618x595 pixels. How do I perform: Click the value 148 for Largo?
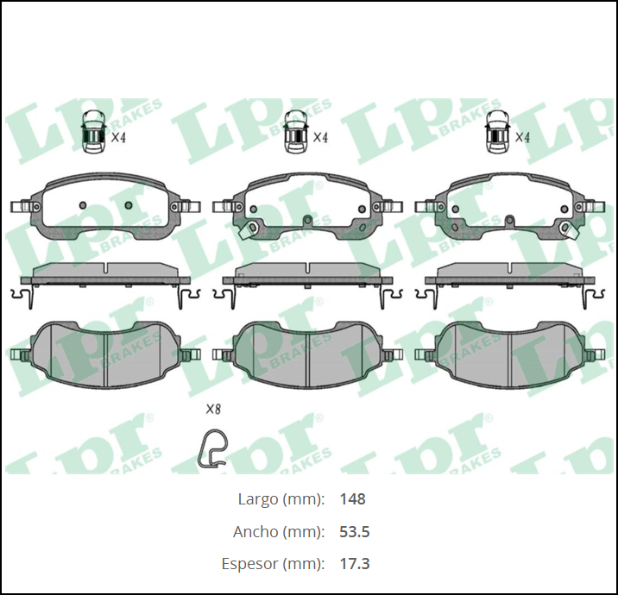pyautogui.click(x=352, y=499)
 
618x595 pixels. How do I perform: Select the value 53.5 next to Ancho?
pyautogui.click(x=355, y=531)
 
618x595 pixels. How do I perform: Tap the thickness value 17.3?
pyautogui.click(x=355, y=564)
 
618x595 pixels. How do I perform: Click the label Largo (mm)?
pyautogui.click(x=281, y=499)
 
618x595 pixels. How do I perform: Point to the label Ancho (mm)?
pyautogui.click(x=278, y=531)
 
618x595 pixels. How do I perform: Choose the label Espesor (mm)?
pyautogui.click(x=271, y=564)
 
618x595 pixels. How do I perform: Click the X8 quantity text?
pyautogui.click(x=213, y=410)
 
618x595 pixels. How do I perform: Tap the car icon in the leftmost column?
pyautogui.click(x=92, y=133)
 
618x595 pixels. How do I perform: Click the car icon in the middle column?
pyautogui.click(x=296, y=133)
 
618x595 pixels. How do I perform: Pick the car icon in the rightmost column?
pyautogui.click(x=496, y=133)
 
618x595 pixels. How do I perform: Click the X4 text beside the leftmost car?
pyautogui.click(x=119, y=136)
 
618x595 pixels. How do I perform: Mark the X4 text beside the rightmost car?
pyautogui.click(x=522, y=136)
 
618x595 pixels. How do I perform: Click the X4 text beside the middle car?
pyautogui.click(x=320, y=136)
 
